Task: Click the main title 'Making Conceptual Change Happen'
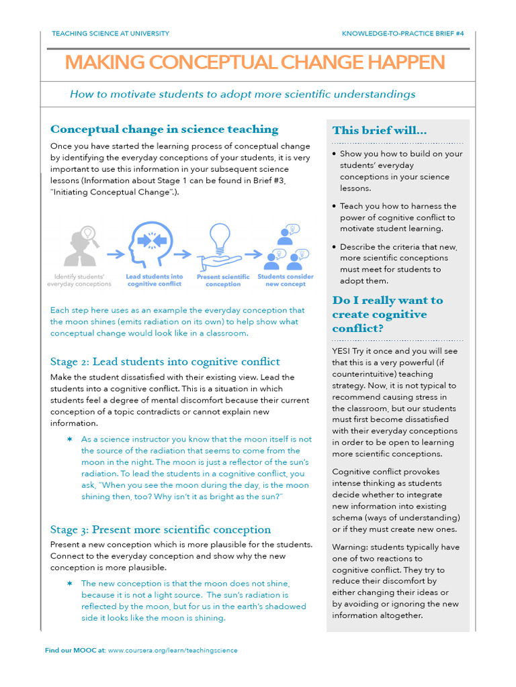click(255, 62)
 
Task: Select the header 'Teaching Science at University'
click(110, 34)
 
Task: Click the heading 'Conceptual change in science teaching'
click(165, 129)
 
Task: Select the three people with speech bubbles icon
click(286, 246)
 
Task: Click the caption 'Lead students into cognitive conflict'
click(154, 280)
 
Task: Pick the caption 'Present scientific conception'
click(222, 280)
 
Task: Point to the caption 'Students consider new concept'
click(286, 280)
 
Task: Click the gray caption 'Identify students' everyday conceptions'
click(79, 280)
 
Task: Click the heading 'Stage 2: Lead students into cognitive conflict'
click(165, 362)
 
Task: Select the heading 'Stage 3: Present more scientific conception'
click(161, 529)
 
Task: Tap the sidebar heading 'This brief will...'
click(379, 130)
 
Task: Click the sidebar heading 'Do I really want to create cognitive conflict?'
click(388, 314)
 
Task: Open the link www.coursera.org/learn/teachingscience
click(173, 650)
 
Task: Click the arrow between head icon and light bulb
click(183, 254)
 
